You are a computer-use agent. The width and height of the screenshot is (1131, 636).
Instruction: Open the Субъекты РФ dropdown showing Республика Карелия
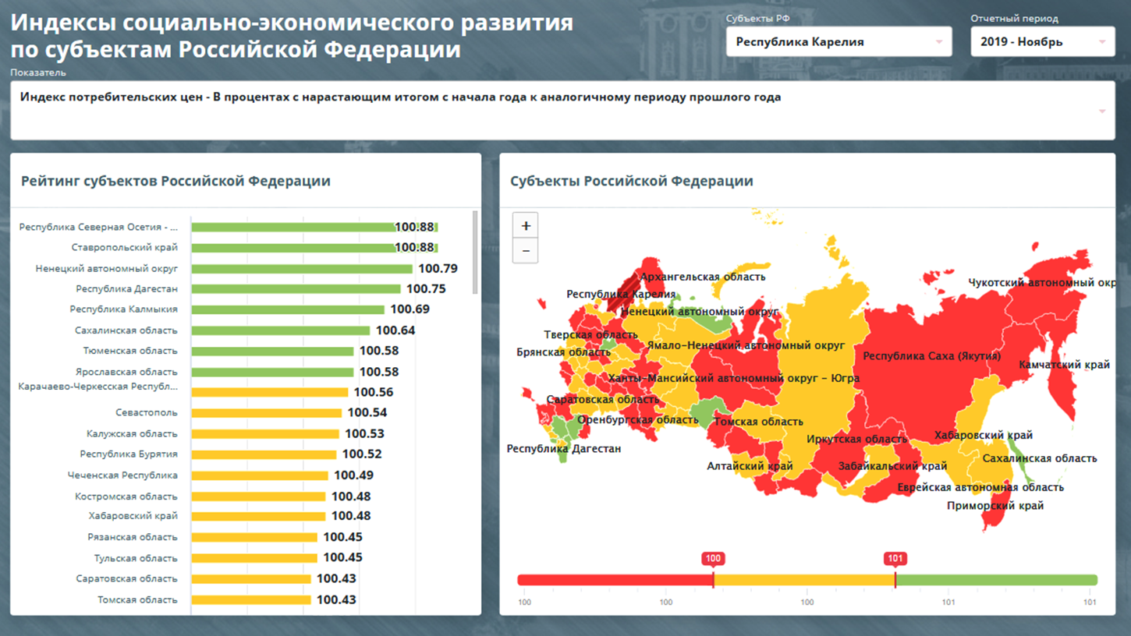pos(838,42)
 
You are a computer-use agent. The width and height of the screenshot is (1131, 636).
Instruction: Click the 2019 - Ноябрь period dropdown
pos(1042,42)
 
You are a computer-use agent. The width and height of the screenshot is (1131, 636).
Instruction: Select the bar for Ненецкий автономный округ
pos(302,269)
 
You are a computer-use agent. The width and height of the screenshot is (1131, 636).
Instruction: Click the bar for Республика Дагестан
pos(296,289)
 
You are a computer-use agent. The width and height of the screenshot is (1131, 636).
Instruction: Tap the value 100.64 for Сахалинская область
pos(395,330)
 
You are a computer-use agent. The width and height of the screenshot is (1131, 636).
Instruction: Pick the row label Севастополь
pos(147,413)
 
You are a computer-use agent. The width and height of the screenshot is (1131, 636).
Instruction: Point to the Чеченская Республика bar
pos(260,475)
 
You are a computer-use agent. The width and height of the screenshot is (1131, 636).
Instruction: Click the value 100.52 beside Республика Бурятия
pos(362,454)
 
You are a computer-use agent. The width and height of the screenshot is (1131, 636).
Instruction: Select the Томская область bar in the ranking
pos(251,600)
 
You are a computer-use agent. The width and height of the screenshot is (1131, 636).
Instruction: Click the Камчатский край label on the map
pos(1064,365)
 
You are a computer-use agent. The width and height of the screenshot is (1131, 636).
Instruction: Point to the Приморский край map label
pos(994,506)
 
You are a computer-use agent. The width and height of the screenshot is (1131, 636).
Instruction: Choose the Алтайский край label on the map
pos(750,466)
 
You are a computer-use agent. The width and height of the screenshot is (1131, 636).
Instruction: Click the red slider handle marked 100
pos(713,559)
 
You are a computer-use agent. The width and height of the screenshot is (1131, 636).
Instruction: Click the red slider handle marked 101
pos(895,559)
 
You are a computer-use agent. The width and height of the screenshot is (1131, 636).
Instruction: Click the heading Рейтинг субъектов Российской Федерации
pos(175,181)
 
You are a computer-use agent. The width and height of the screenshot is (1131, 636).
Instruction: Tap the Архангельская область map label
pos(702,277)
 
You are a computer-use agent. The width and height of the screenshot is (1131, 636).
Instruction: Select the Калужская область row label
pos(132,434)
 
